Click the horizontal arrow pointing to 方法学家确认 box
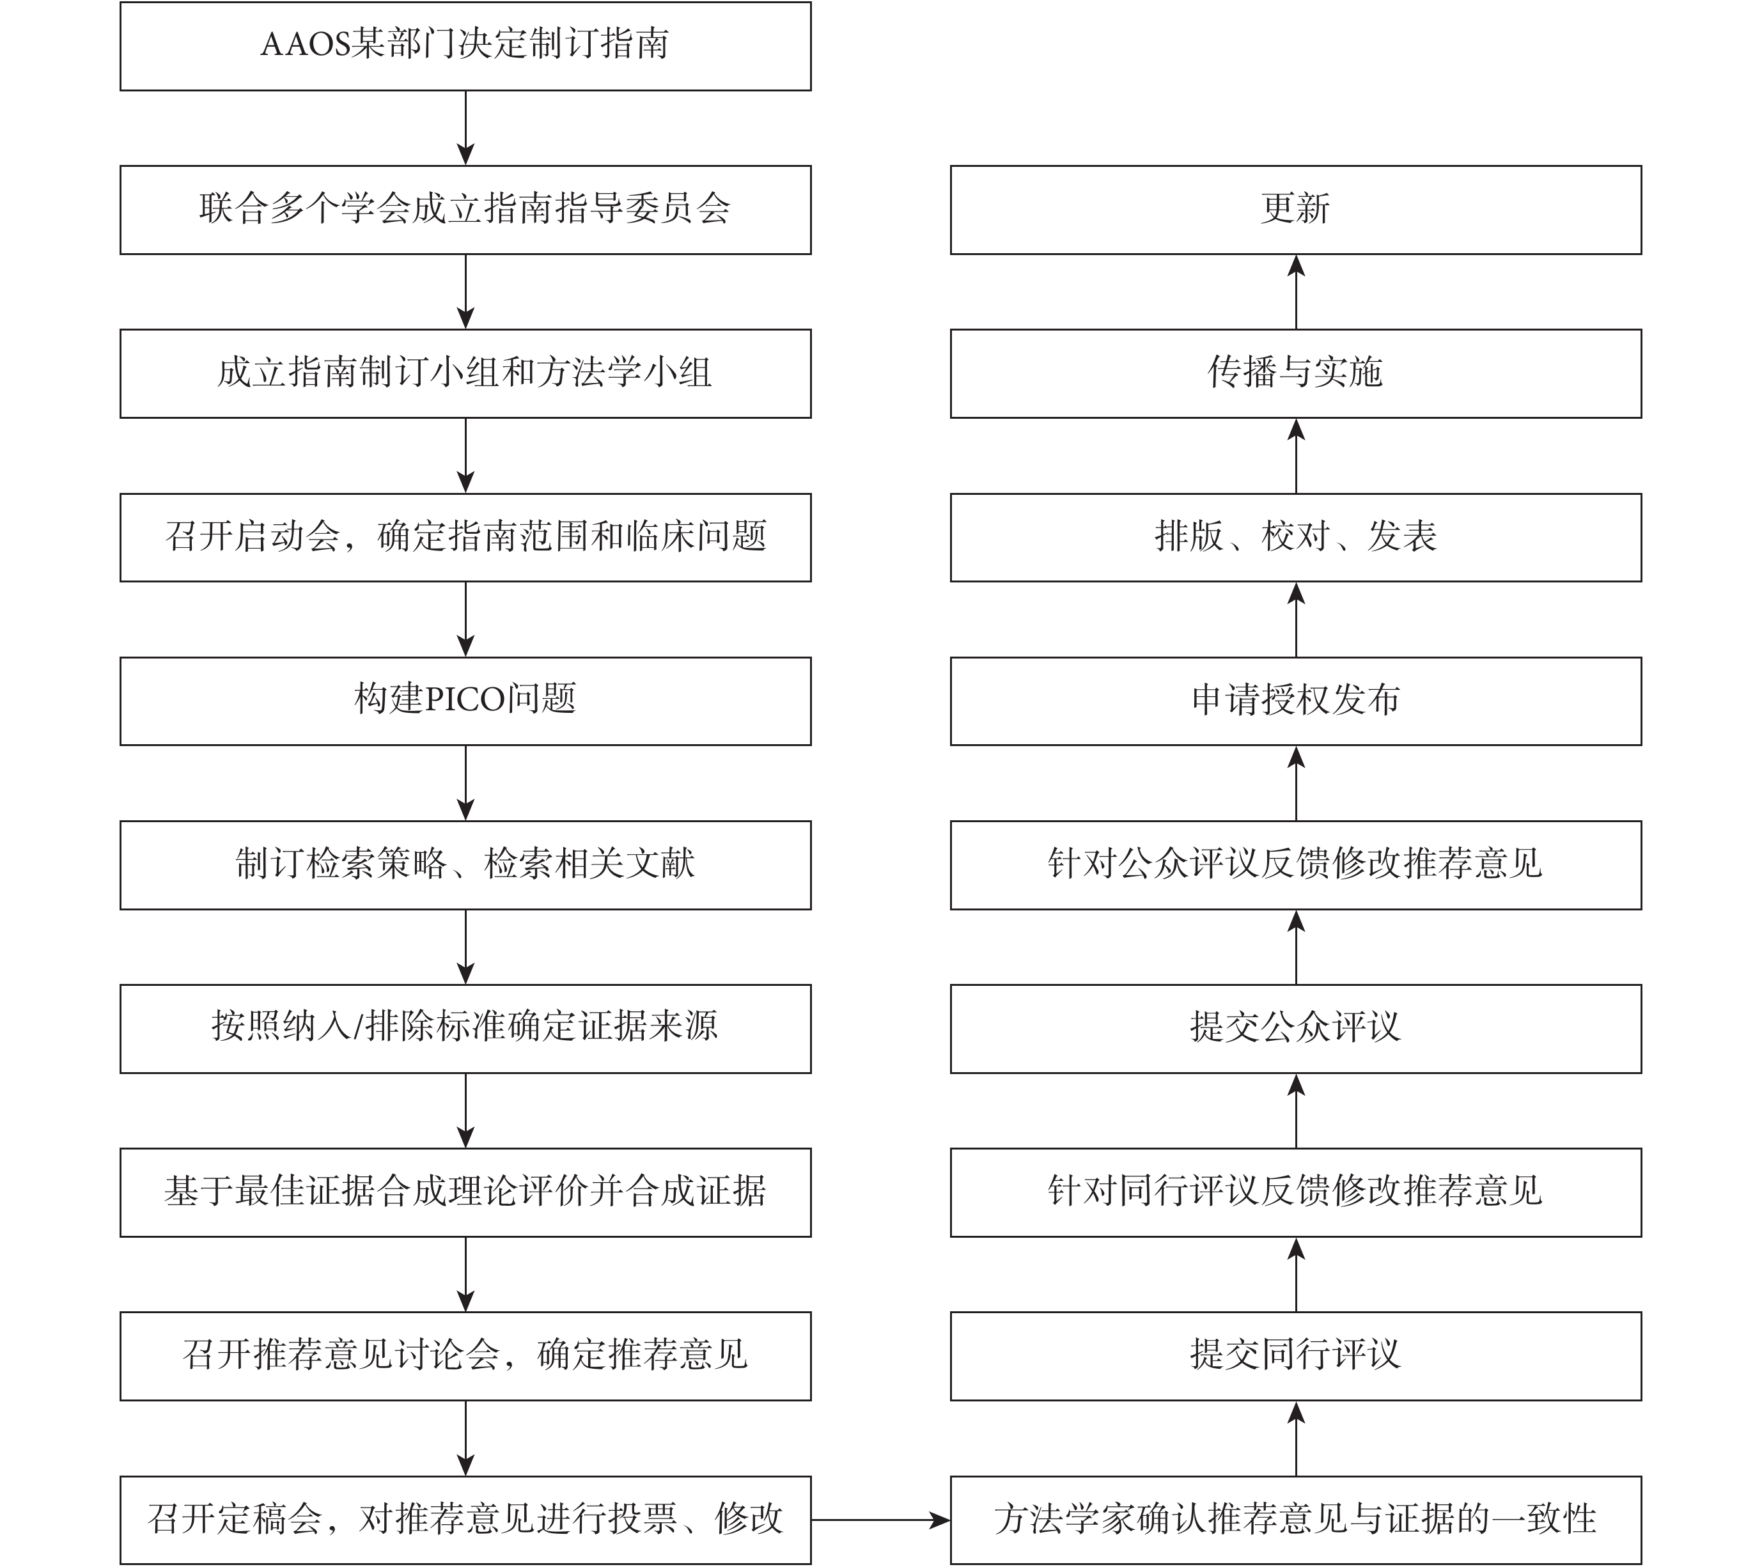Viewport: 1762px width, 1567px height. click(x=881, y=1520)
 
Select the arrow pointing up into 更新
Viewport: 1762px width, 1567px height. click(x=1296, y=292)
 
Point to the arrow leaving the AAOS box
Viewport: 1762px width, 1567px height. click(x=465, y=129)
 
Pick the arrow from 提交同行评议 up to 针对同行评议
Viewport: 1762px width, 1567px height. click(x=1296, y=1275)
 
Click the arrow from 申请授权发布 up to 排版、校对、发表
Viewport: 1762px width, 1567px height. click(x=1296, y=620)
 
